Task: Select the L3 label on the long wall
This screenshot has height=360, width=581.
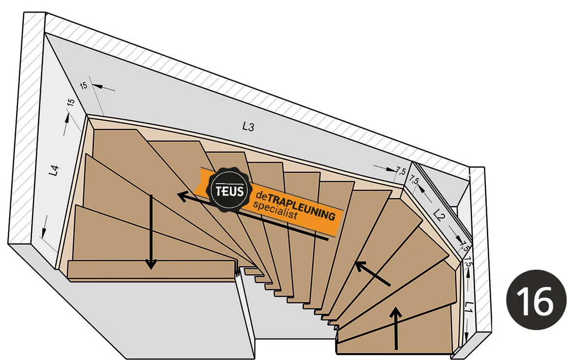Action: pyautogui.click(x=248, y=127)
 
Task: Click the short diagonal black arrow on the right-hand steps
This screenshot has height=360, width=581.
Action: pyautogui.click(x=373, y=274)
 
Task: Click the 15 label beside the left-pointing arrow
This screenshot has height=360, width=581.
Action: pyautogui.click(x=83, y=86)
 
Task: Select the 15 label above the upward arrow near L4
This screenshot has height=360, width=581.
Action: pyautogui.click(x=70, y=103)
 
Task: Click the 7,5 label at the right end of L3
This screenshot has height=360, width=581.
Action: pyautogui.click(x=401, y=171)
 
